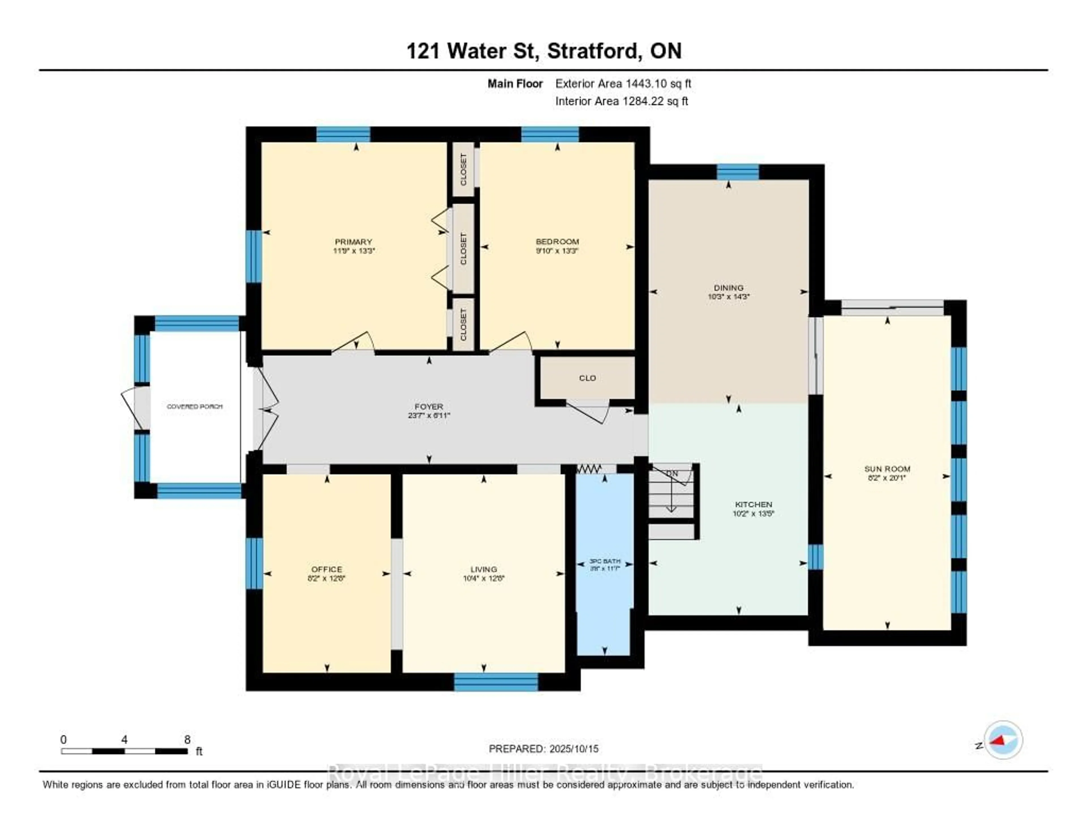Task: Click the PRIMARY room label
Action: (353, 242)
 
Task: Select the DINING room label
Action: (729, 287)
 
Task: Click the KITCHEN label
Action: (754, 504)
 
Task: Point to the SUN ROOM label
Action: (887, 468)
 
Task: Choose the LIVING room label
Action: (483, 569)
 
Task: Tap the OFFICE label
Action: (326, 569)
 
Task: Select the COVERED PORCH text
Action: (194, 406)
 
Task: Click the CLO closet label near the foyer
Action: (587, 378)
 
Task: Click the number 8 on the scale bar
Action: (187, 739)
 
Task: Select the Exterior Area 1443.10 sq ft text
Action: (623, 83)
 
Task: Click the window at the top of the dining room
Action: (738, 172)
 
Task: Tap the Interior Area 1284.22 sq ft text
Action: (622, 101)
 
